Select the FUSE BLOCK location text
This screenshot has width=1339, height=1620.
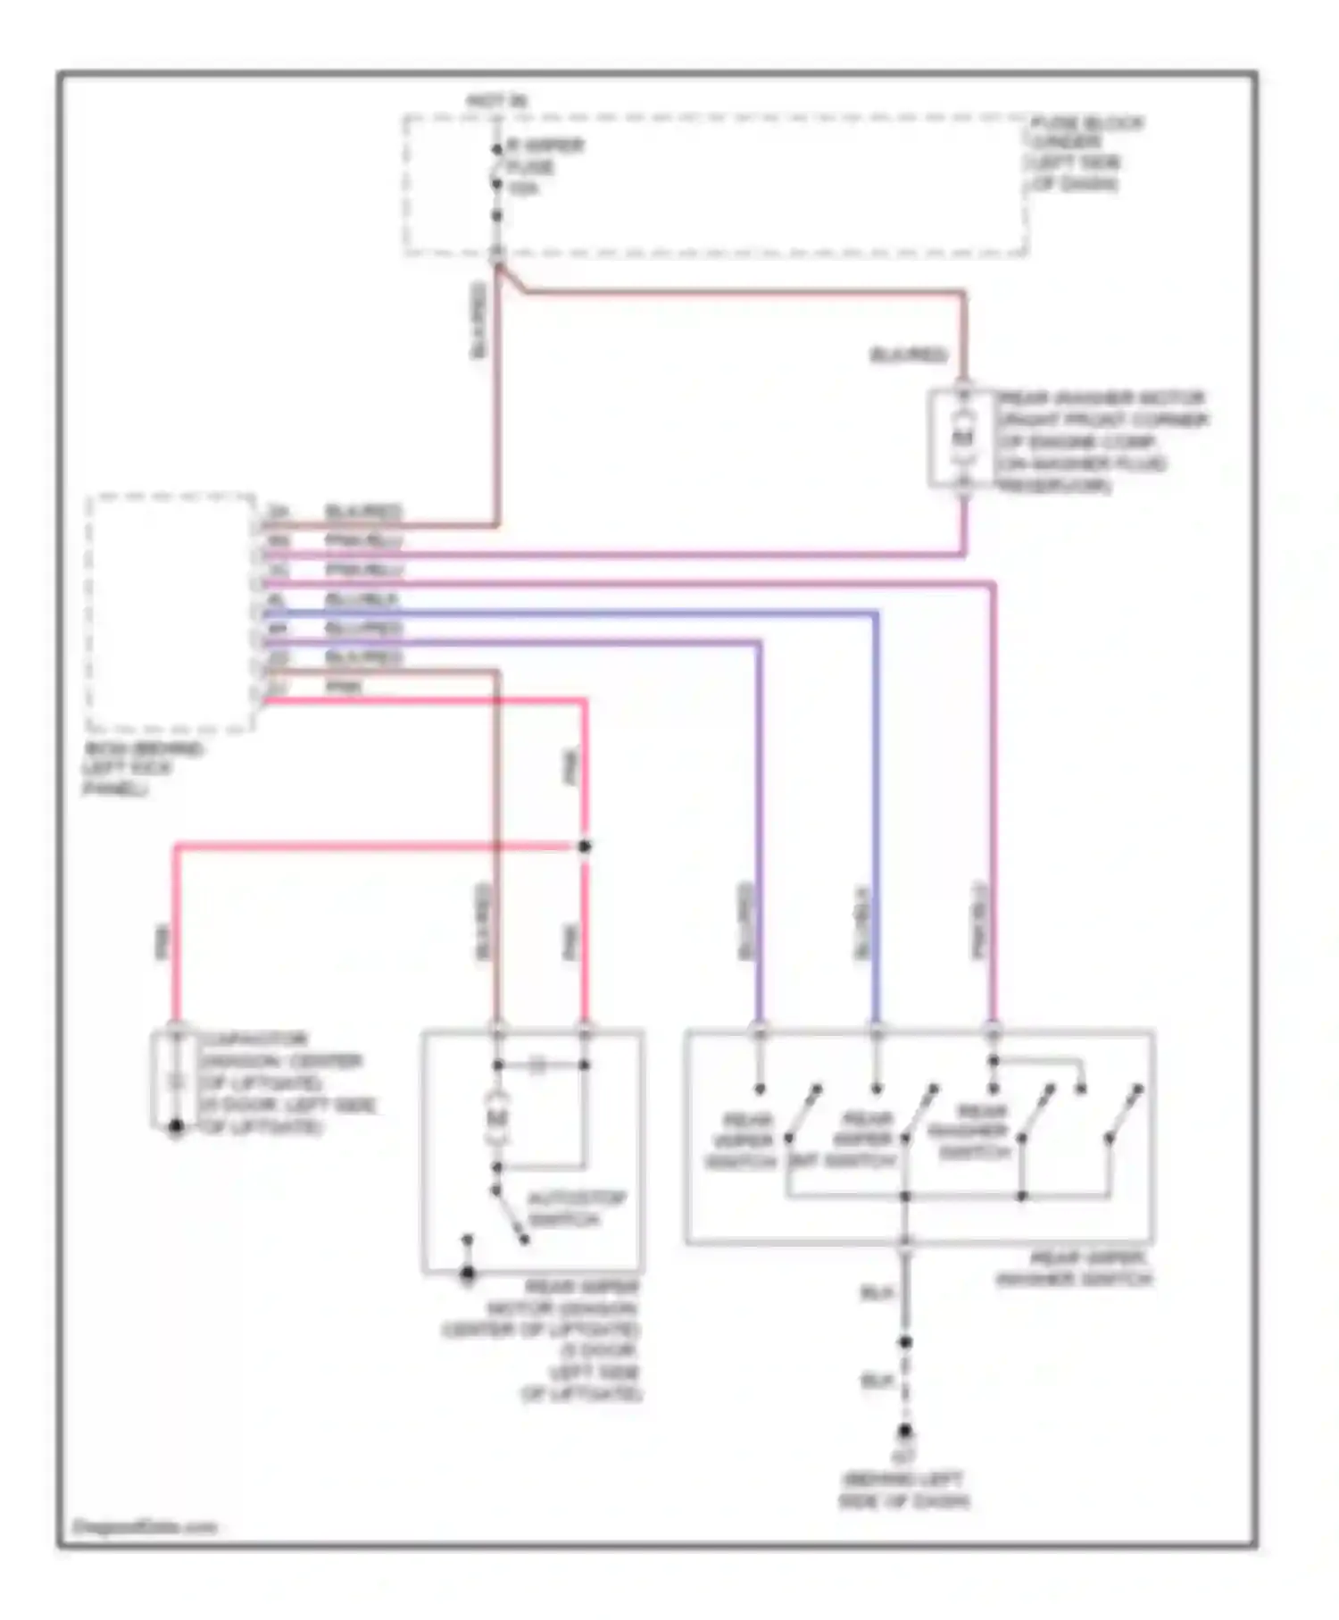[1085, 154]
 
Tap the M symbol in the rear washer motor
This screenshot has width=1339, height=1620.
[962, 438]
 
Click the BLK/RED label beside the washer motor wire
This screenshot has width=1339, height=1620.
[908, 355]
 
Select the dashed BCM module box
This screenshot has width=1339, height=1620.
[170, 613]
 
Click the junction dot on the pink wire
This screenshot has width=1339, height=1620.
[585, 847]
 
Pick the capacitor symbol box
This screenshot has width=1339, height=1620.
[175, 1081]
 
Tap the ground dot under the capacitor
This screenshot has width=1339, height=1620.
[176, 1129]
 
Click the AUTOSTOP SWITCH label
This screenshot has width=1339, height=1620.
[575, 1209]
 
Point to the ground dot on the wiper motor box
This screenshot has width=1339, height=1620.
[467, 1274]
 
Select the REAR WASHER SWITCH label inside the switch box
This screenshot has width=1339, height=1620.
[974, 1132]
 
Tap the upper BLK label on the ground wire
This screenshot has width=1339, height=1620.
[876, 1293]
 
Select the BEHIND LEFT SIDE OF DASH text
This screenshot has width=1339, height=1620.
[903, 1490]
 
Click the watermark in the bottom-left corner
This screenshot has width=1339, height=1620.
[145, 1526]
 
